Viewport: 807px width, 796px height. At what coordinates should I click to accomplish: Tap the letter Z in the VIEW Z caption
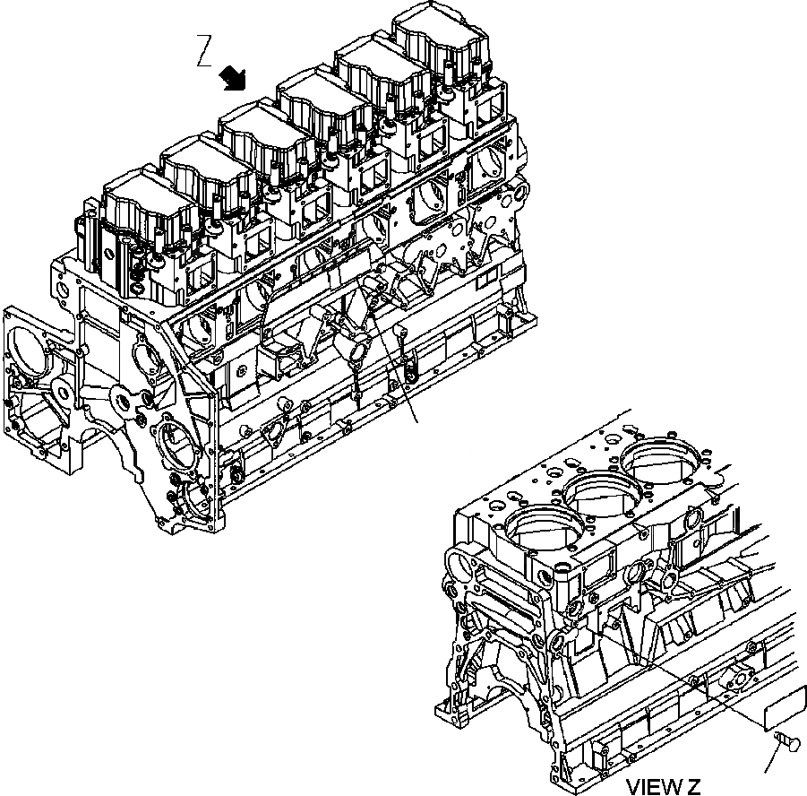[693, 787]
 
